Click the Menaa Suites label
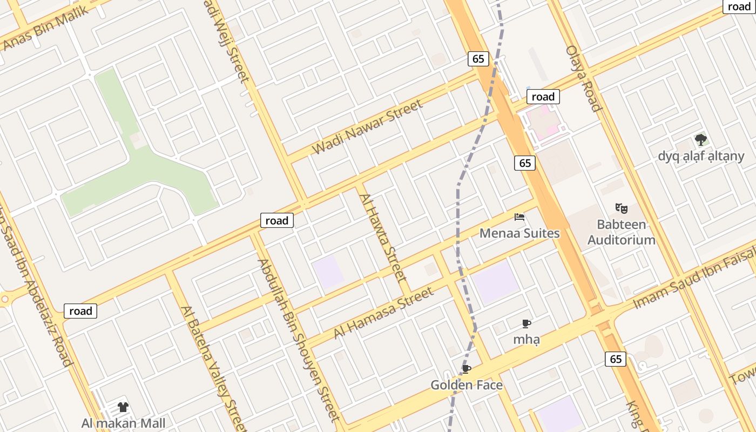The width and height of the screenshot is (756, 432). pyautogui.click(x=519, y=233)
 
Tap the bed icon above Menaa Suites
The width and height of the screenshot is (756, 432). pyautogui.click(x=519, y=218)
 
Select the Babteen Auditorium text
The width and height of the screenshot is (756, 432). pyautogui.click(x=622, y=232)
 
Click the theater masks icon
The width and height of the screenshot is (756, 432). pyautogui.click(x=622, y=208)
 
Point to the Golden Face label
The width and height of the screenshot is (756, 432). pyautogui.click(x=467, y=385)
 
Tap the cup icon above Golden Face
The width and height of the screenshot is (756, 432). pyautogui.click(x=467, y=369)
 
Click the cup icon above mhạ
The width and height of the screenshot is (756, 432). pyautogui.click(x=526, y=324)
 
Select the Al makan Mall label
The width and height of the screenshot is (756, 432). pyautogui.click(x=123, y=423)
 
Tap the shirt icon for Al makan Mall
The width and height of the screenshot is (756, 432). pyautogui.click(x=123, y=407)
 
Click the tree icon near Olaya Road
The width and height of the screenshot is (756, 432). pyautogui.click(x=701, y=140)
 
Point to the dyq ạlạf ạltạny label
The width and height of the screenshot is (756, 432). pyautogui.click(x=701, y=156)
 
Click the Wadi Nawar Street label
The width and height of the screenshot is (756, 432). pyautogui.click(x=368, y=127)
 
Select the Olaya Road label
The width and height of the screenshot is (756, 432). pyautogui.click(x=584, y=78)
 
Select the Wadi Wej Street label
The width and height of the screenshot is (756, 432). pyautogui.click(x=227, y=40)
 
